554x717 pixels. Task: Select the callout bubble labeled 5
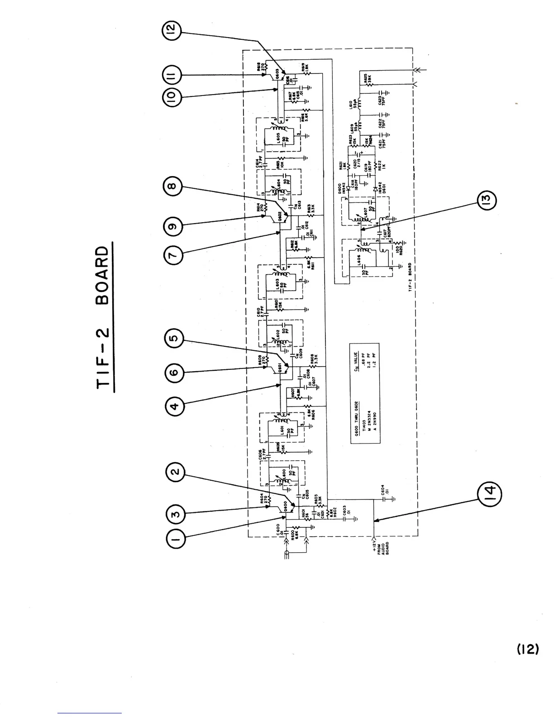(175, 339)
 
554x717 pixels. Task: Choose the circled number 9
(175, 225)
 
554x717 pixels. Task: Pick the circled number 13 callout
(487, 199)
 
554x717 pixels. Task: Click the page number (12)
(527, 649)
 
